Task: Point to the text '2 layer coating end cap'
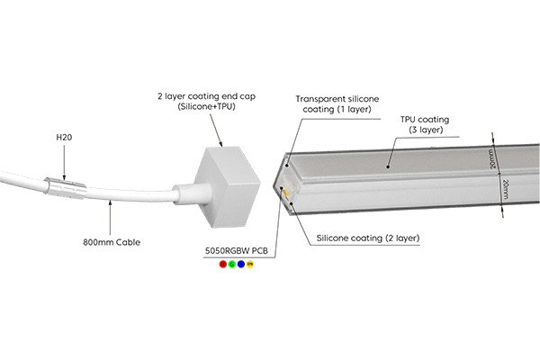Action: pyautogui.click(x=203, y=94)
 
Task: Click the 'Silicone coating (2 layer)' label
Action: pyautogui.click(x=369, y=238)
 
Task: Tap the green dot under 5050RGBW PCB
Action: pyautogui.click(x=232, y=264)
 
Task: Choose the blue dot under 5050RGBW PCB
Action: pyautogui.click(x=241, y=264)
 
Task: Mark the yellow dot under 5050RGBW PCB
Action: pyautogui.click(x=250, y=264)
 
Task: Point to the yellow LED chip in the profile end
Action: pyautogui.click(x=285, y=193)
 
